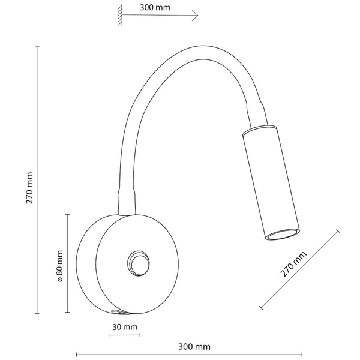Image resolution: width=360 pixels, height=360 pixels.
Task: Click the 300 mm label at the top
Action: coord(155,8)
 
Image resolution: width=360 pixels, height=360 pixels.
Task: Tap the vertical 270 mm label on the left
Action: coord(29,188)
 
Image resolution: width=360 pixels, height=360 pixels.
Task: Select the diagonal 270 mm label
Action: coord(293,264)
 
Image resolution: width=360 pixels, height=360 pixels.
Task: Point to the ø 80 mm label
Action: coord(59,266)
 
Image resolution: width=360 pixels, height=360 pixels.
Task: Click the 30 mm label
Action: coord(125,327)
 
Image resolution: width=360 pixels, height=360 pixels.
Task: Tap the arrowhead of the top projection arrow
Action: coord(195,16)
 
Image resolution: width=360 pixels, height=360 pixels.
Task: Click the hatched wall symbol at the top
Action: coord(120,15)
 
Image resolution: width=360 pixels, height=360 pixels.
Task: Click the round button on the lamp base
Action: coord(139,263)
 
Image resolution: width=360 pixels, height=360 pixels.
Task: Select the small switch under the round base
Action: coord(119,312)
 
